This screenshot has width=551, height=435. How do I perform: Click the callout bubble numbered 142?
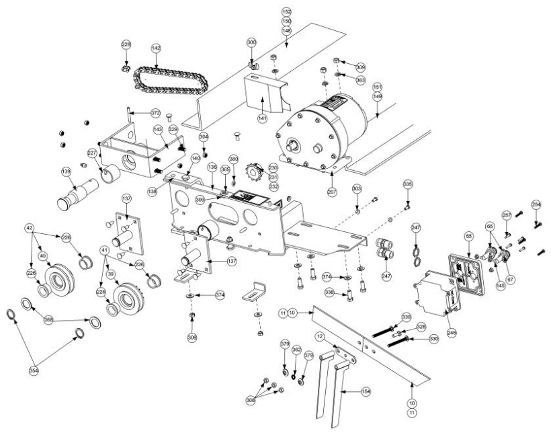(x=156, y=48)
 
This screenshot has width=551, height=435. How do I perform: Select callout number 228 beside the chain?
(x=126, y=44)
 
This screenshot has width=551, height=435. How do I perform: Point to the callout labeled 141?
(x=262, y=118)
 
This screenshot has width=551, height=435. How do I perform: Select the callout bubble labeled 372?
(x=155, y=112)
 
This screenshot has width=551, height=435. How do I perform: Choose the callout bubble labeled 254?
(x=536, y=204)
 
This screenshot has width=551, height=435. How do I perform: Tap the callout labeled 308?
(x=251, y=399)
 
